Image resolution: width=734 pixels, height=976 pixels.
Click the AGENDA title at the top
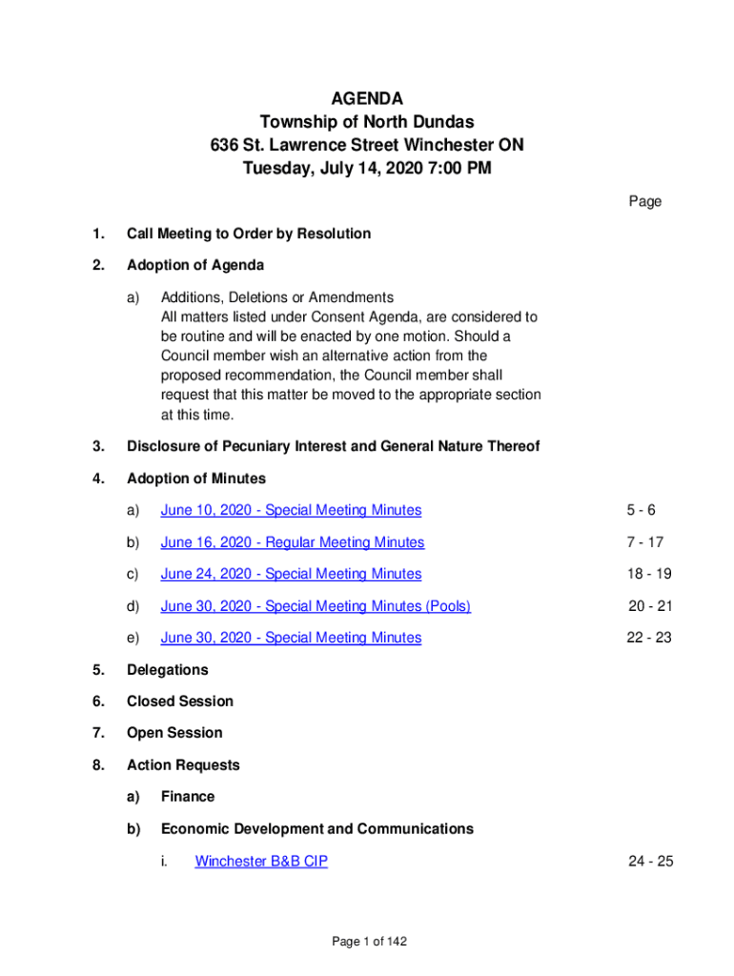click(367, 98)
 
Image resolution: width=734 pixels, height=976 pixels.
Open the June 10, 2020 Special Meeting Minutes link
click(291, 511)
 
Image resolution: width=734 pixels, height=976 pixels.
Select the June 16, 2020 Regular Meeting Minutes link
click(292, 542)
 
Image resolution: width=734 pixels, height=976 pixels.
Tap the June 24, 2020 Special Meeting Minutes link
click(291, 574)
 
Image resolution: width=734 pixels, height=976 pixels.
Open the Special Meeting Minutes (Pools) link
click(316, 606)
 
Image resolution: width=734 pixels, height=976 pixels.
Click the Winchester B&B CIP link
click(261, 862)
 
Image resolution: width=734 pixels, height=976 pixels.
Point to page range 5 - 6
click(641, 511)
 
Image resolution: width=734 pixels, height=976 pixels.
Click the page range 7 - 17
click(644, 542)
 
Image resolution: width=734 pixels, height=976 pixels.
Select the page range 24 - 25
click(650, 862)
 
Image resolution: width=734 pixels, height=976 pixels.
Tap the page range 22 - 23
click(648, 638)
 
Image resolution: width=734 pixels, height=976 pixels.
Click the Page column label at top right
click(644, 201)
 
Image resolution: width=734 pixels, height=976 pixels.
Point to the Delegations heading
click(167, 670)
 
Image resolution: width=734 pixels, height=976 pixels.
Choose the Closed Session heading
click(179, 701)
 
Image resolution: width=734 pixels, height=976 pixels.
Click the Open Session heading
click(174, 733)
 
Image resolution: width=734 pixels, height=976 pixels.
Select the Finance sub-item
click(188, 797)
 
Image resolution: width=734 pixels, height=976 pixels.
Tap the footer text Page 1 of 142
click(369, 942)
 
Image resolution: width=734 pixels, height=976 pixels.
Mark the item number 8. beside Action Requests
click(98, 765)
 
